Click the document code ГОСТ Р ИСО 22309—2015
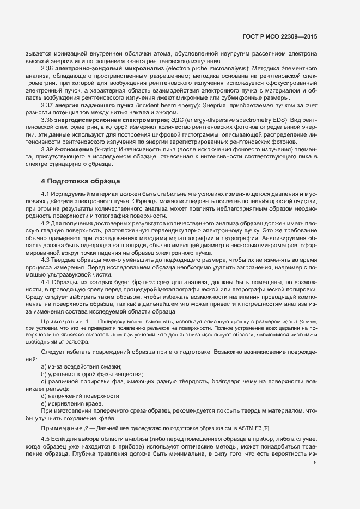point(279,36)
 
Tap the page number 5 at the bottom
point(315,463)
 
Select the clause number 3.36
point(48,68)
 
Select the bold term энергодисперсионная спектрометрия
point(108,119)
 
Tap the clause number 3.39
point(48,149)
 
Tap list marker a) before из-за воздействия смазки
point(44,366)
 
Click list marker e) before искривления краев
point(44,403)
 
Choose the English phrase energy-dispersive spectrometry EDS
point(250,119)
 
